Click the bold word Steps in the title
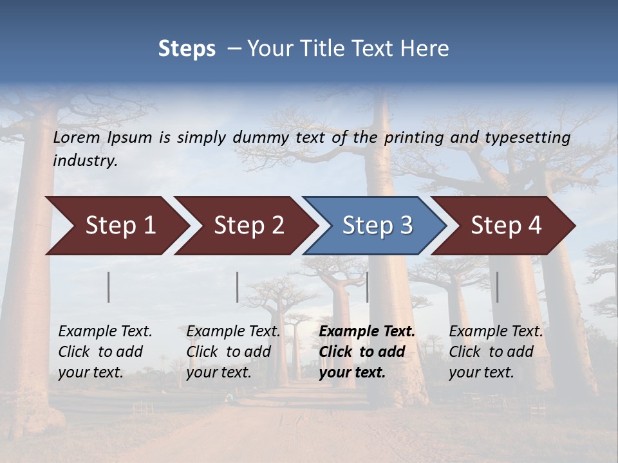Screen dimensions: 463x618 187,48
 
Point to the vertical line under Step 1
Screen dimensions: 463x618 109,287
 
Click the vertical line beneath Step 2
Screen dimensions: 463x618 238,287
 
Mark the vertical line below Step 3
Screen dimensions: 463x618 368,287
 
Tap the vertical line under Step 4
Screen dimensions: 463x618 498,287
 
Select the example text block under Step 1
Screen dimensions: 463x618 105,352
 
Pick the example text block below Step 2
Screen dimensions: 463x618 233,352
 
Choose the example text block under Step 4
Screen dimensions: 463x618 496,352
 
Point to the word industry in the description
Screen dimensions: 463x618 84,161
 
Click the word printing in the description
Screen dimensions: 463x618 407,138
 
